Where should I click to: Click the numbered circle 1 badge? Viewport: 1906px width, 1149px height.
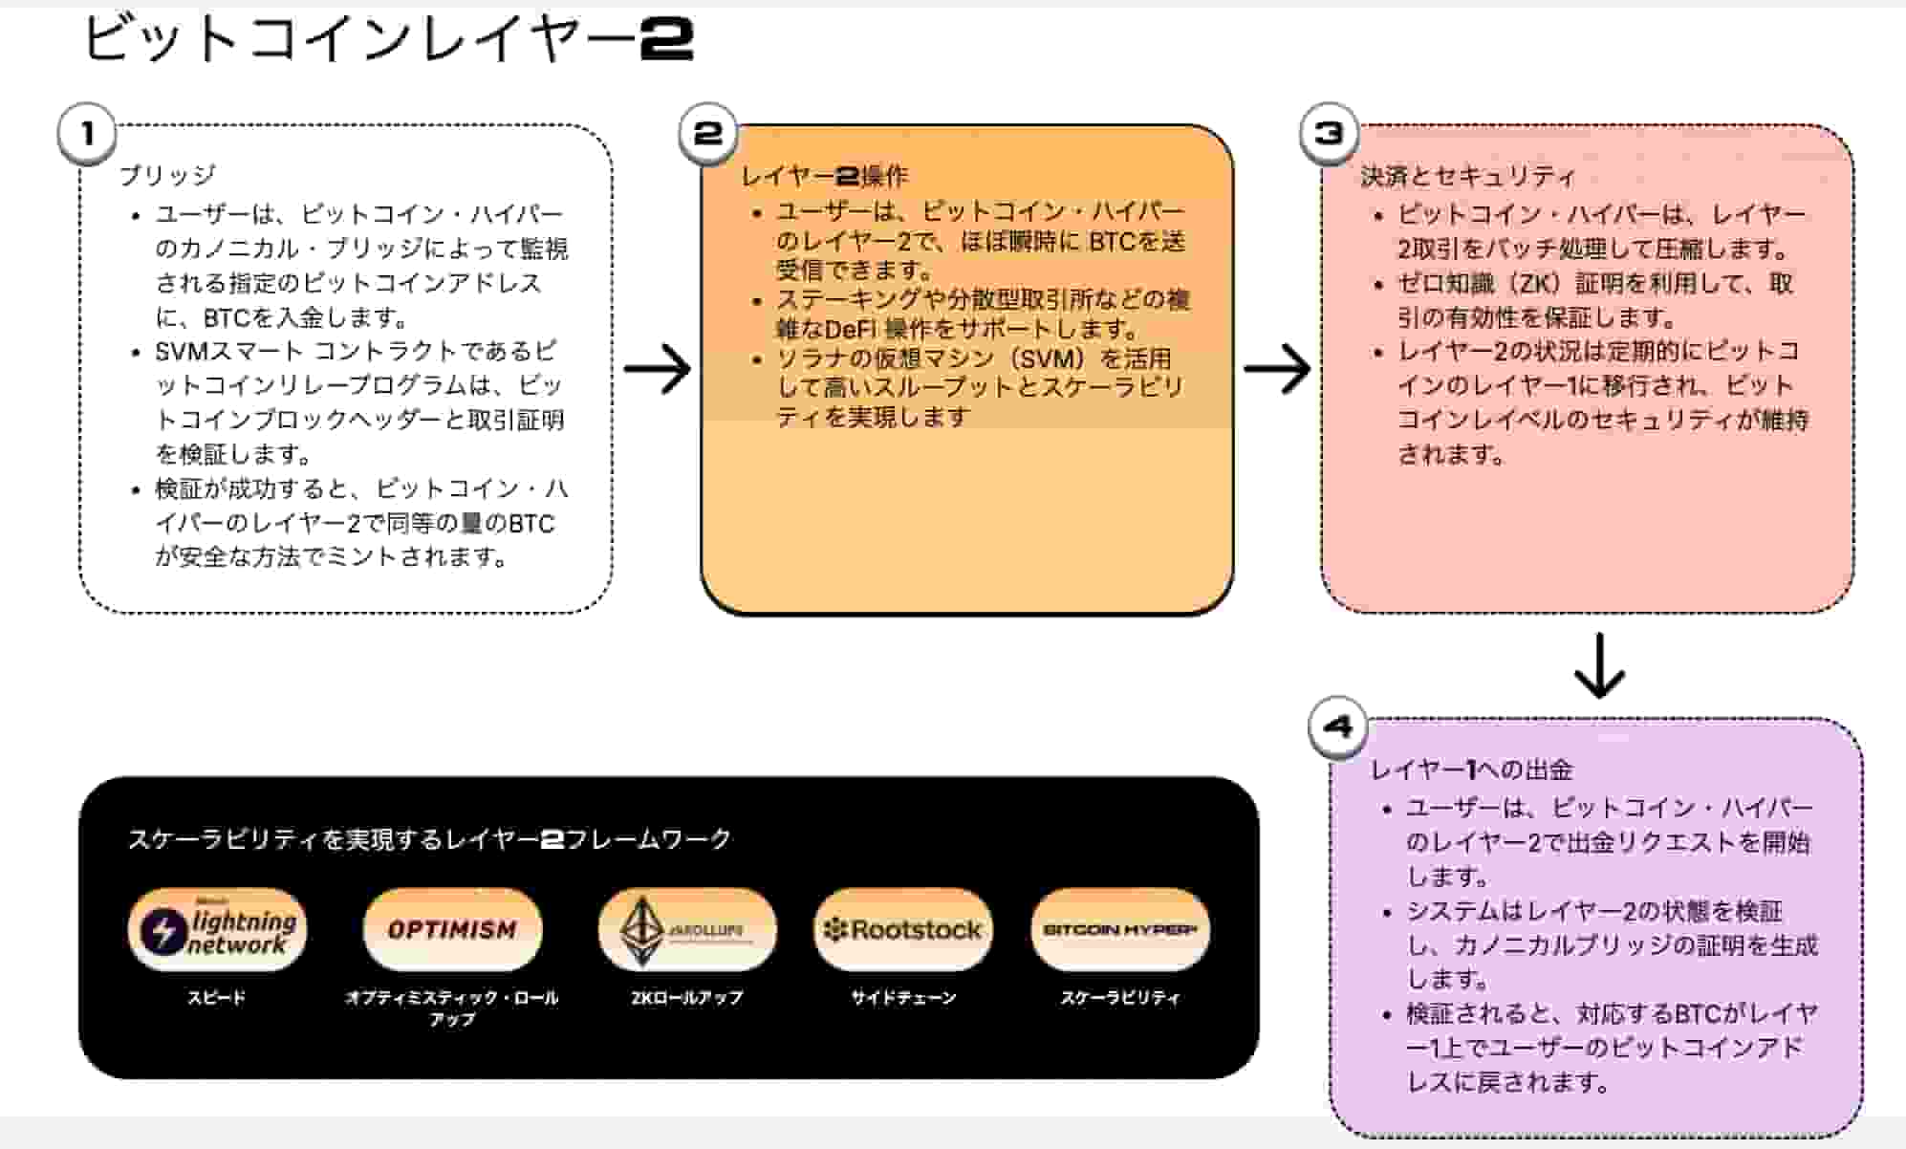pos(87,134)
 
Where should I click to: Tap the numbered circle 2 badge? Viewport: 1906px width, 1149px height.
pos(708,134)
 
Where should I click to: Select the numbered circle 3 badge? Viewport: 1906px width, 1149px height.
pos(1330,134)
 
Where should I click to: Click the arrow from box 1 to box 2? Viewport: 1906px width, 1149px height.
pos(658,369)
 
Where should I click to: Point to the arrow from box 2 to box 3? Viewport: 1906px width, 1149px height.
pos(1277,369)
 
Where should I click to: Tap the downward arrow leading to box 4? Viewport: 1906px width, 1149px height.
pos(1599,665)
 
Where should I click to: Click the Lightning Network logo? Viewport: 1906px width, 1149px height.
pos(217,929)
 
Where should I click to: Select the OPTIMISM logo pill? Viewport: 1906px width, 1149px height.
pos(452,929)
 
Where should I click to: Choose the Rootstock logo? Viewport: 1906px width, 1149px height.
pos(903,929)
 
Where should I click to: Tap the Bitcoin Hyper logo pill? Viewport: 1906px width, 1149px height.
pos(1120,929)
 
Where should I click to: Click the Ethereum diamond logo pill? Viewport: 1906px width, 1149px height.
pos(686,929)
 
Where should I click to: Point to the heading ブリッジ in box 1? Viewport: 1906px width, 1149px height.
pos(168,175)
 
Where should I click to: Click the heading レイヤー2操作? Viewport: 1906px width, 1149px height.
pos(824,176)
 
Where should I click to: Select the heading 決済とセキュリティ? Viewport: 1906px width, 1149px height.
pos(1467,176)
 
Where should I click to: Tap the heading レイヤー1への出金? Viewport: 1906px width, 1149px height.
pos(1471,770)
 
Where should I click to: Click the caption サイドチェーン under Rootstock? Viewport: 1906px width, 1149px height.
pos(903,998)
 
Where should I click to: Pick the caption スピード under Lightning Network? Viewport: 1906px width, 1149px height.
pos(217,998)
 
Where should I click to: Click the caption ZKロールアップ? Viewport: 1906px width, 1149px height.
pos(686,998)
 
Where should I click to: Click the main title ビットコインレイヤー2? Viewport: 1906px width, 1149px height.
pos(388,40)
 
